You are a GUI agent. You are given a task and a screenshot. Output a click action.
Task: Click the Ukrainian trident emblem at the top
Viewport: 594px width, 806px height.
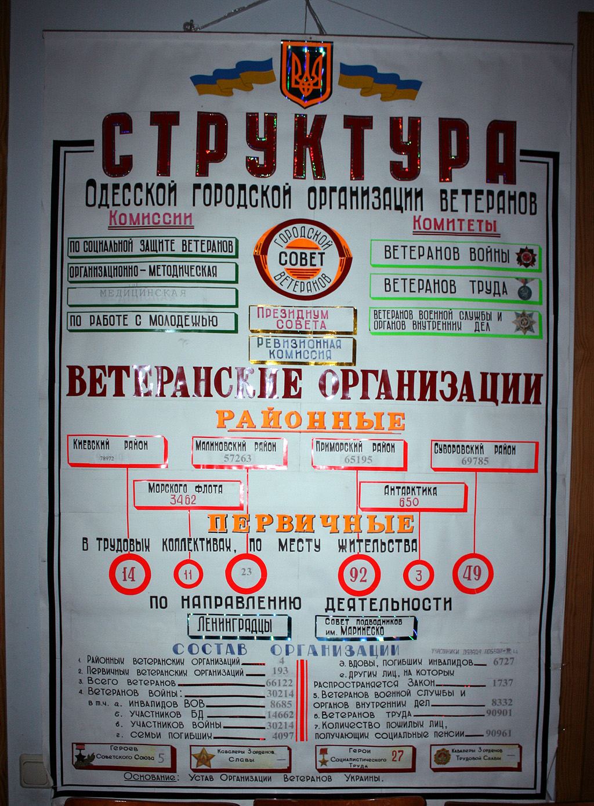point(306,74)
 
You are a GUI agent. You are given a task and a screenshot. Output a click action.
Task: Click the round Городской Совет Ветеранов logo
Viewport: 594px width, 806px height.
point(302,259)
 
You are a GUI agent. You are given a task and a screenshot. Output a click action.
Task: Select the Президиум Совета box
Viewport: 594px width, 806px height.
point(302,319)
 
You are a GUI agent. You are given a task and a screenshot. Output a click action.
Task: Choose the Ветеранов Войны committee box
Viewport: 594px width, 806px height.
point(455,255)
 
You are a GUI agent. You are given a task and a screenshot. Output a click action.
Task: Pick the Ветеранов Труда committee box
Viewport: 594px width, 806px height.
point(455,287)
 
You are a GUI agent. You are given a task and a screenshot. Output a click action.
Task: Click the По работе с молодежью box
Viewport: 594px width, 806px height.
point(152,321)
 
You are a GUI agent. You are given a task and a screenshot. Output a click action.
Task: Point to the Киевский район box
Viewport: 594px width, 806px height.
point(117,451)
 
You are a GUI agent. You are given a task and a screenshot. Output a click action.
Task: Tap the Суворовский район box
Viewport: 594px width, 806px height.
point(483,455)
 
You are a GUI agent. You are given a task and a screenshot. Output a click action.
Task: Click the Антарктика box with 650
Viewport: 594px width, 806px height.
point(412,496)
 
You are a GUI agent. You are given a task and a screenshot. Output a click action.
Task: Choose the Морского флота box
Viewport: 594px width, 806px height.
point(187,494)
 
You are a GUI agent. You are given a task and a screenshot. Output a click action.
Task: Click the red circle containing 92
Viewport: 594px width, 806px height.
point(358,574)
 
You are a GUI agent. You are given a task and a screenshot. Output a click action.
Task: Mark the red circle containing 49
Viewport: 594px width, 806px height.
point(472,573)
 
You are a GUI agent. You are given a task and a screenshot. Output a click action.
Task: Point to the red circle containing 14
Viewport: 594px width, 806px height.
point(129,574)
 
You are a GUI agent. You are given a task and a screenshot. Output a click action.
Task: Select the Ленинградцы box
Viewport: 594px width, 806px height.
point(238,626)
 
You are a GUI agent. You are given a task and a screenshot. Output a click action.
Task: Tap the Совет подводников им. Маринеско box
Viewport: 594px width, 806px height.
point(365,627)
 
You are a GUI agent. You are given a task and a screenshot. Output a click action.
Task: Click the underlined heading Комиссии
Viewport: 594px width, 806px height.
point(150,219)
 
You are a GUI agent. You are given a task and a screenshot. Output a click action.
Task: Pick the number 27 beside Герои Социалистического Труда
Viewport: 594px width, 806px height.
point(397,756)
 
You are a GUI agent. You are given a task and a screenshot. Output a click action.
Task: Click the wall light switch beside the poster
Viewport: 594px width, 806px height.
point(34,770)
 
